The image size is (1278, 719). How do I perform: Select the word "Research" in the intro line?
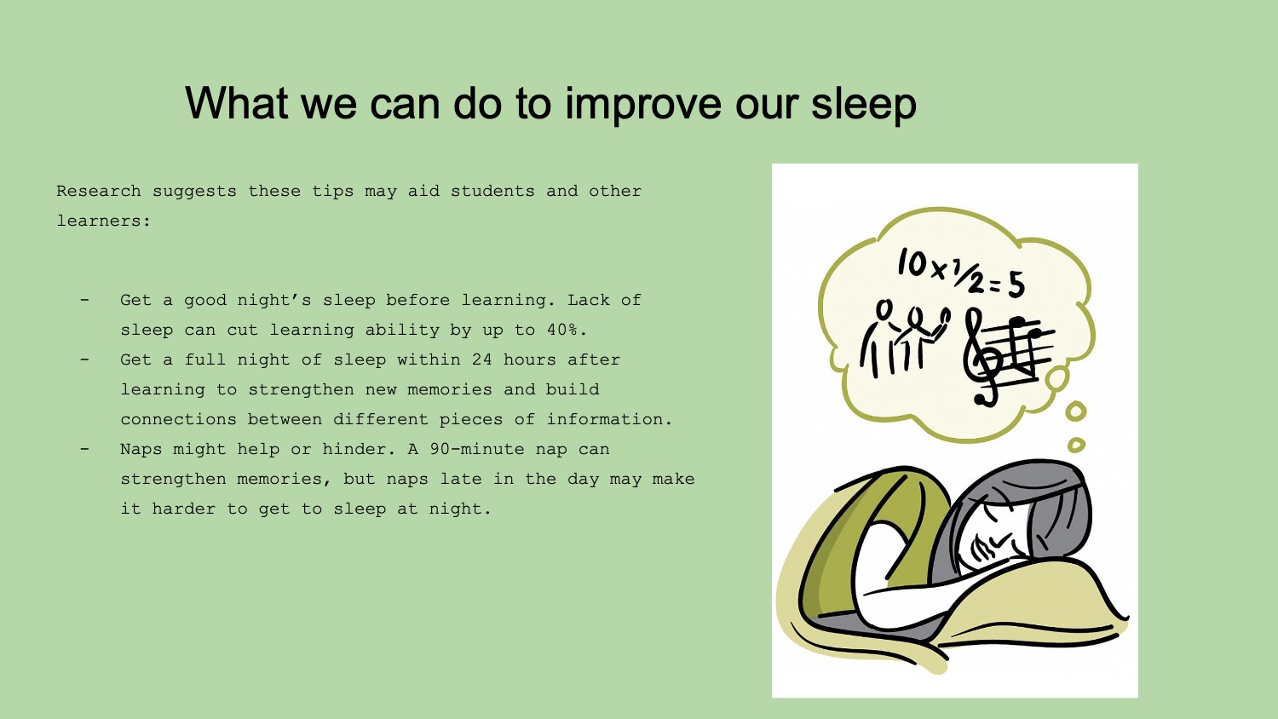(99, 191)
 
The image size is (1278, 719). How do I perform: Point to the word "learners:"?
(104, 221)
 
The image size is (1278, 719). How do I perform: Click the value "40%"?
(567, 330)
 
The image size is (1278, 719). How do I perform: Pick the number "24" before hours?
(481, 359)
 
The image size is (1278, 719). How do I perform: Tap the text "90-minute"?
(477, 449)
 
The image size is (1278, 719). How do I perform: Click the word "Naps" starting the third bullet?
(141, 449)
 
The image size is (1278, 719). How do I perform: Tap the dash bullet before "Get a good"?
(84, 300)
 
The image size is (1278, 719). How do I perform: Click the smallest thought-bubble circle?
(1076, 445)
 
